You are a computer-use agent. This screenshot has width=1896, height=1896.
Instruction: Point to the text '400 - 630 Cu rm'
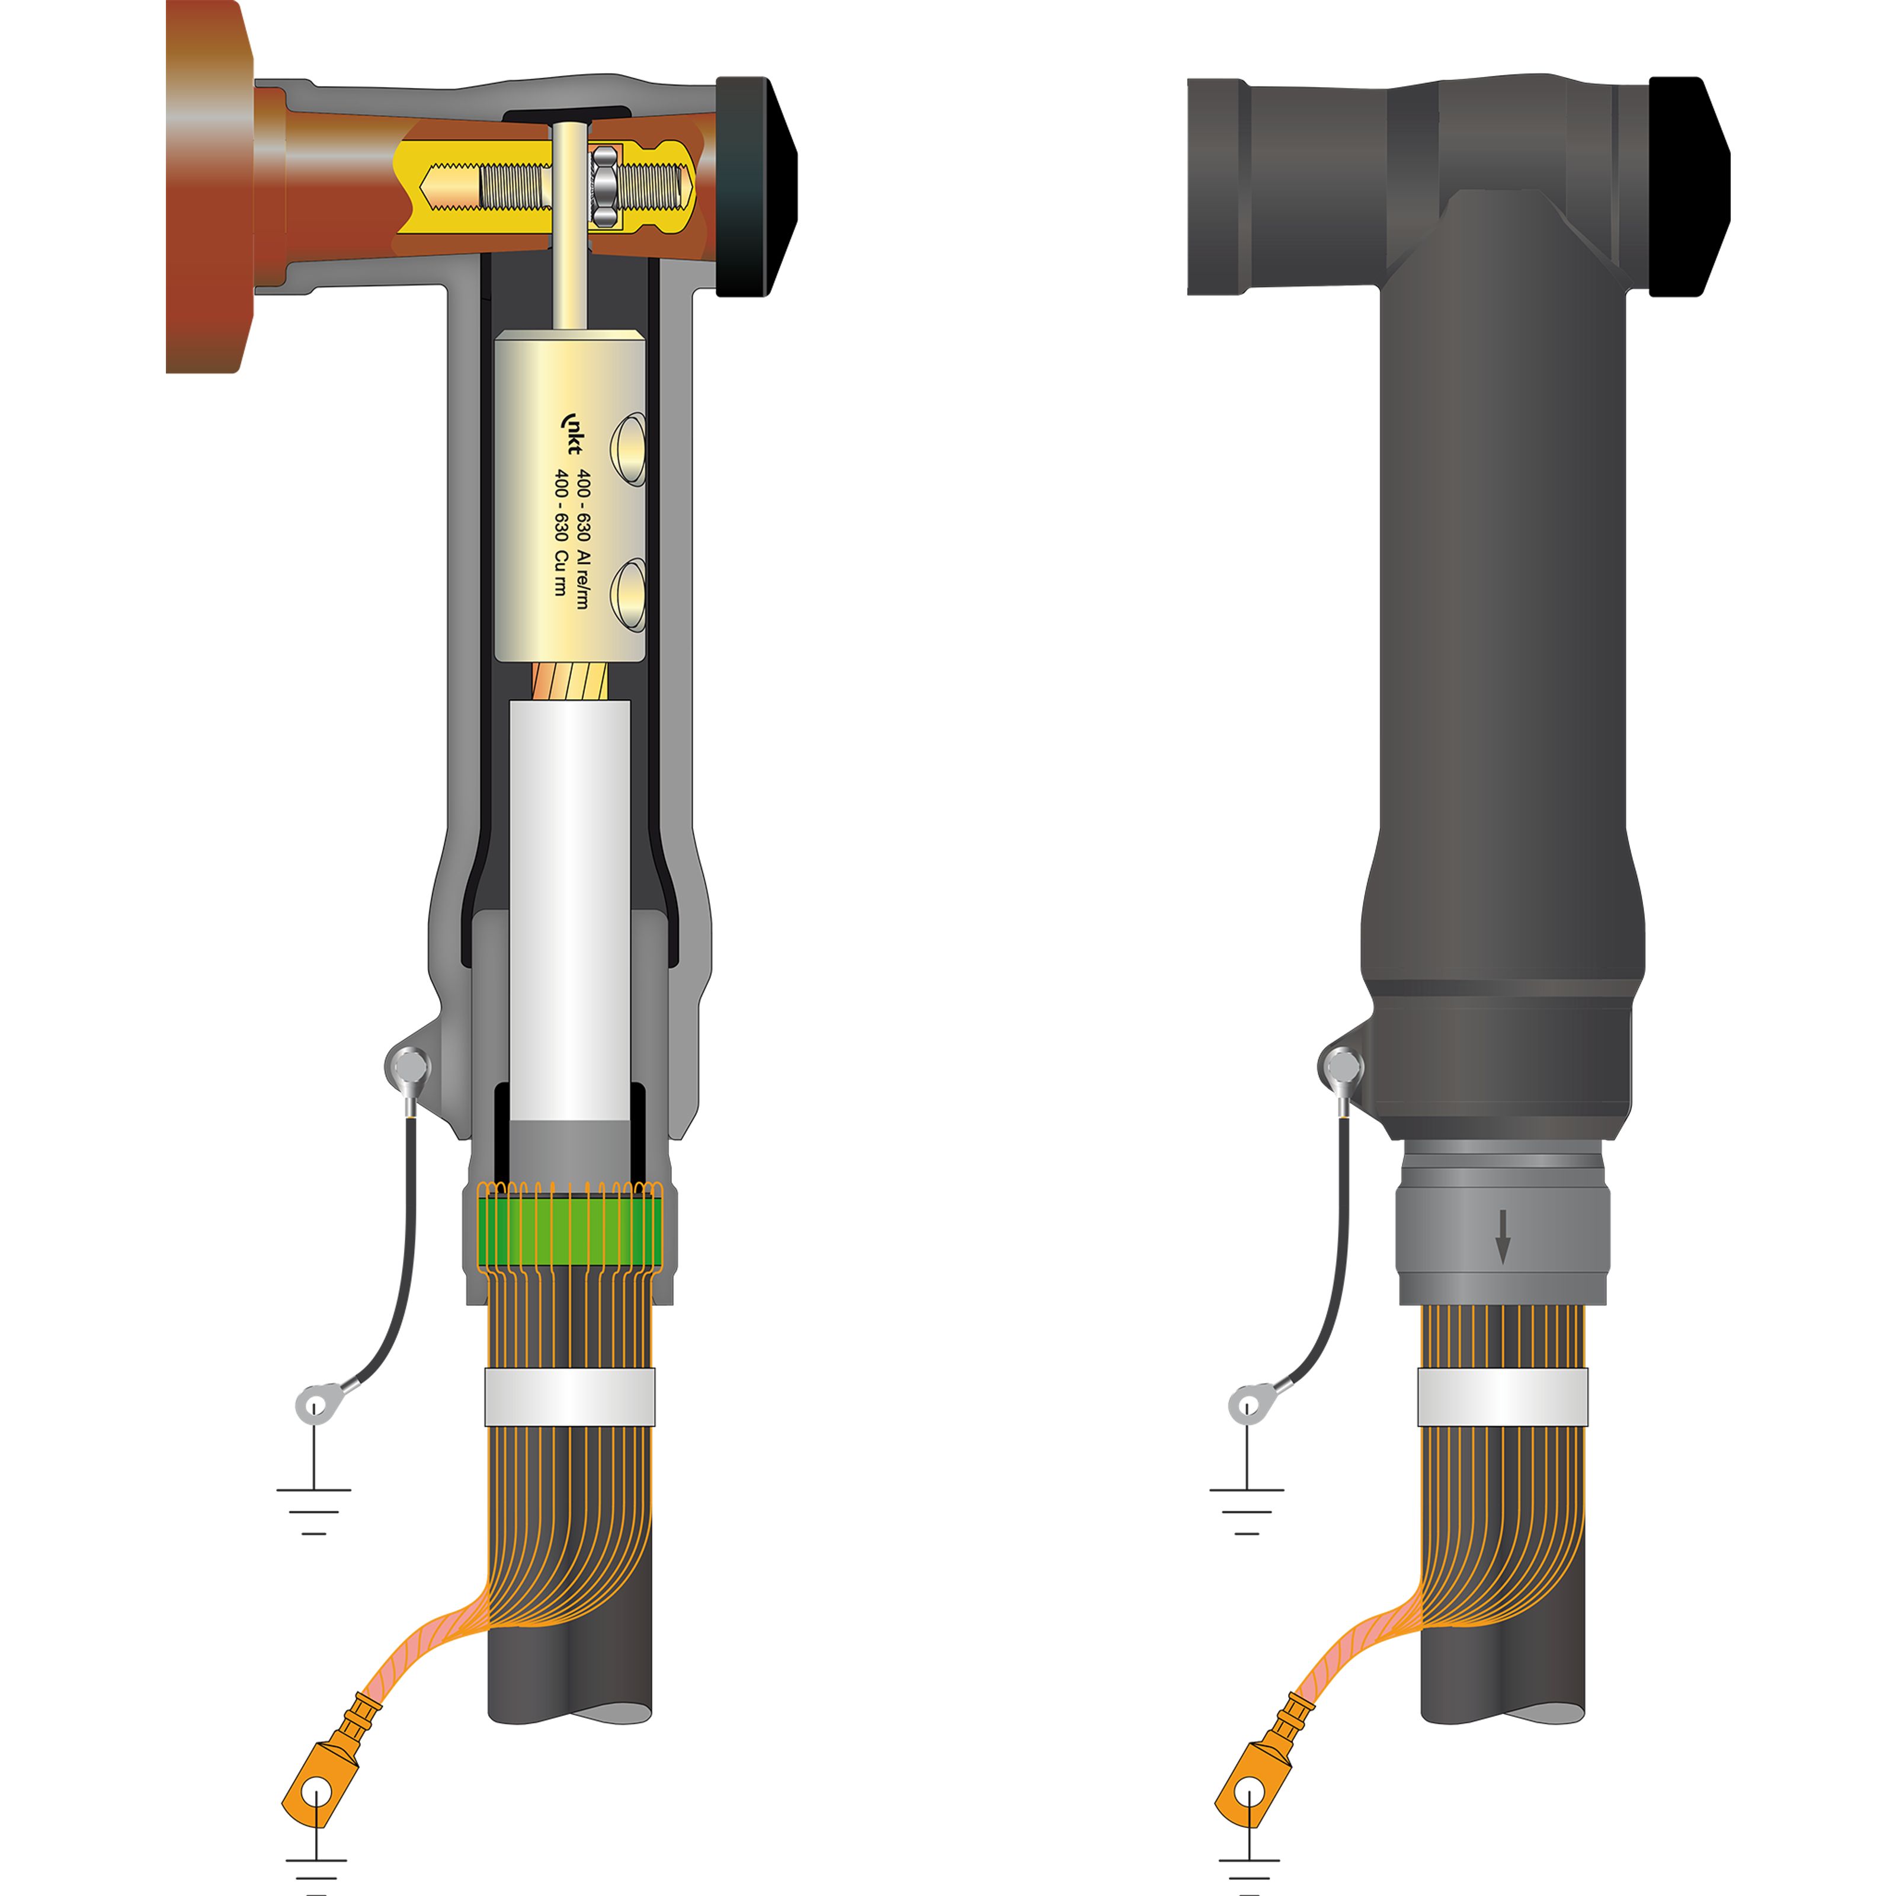click(x=561, y=532)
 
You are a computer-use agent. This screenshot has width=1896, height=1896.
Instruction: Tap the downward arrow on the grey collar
click(x=1503, y=1235)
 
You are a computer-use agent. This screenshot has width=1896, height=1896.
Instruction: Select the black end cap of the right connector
click(x=1689, y=187)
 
